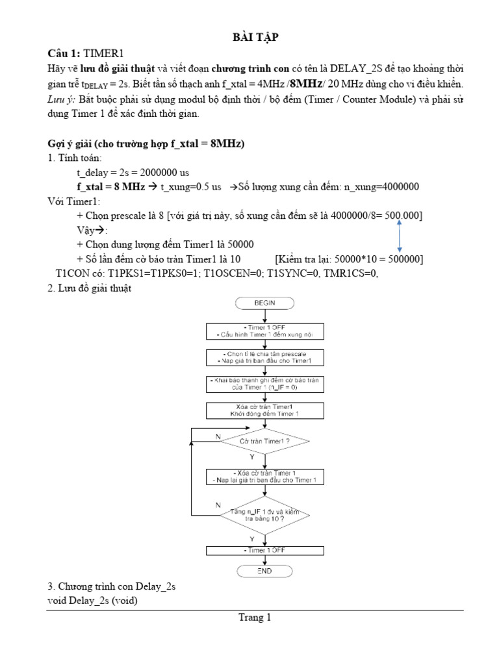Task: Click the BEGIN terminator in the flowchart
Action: tap(265, 303)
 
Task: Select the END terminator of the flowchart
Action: tap(265, 571)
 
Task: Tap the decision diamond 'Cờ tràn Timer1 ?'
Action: tap(265, 441)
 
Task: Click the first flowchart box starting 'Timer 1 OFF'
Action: tap(265, 331)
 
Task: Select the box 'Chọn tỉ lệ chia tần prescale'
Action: tap(265, 357)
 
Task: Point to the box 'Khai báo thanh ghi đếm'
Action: tap(265, 383)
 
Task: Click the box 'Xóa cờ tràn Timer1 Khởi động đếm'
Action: tap(265, 410)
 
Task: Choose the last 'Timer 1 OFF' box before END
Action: tap(265, 551)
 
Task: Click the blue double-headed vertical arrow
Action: tap(398, 236)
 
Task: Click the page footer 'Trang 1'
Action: tap(254, 618)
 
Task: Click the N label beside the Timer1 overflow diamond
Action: tap(218, 437)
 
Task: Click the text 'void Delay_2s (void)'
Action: tap(93, 601)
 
